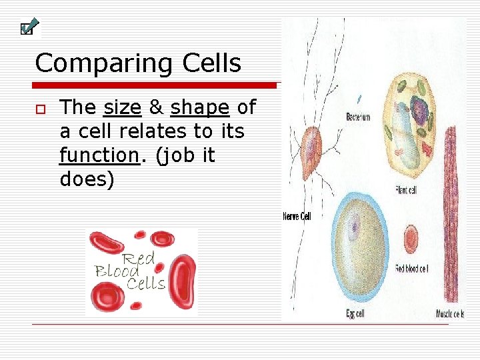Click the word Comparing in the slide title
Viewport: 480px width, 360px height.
point(95,64)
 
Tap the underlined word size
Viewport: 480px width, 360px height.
point(122,107)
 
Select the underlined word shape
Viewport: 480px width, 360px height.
point(199,107)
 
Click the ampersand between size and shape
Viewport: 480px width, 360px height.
point(156,107)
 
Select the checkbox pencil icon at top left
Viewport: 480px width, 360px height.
point(29,27)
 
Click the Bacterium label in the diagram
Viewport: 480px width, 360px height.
point(358,117)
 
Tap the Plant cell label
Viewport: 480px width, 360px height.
point(405,191)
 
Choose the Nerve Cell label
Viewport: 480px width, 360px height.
point(297,216)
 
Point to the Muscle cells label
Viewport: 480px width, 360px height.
point(450,314)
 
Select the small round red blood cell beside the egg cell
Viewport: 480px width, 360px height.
point(411,237)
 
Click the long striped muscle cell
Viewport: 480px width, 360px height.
point(451,213)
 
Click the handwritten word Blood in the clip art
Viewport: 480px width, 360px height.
point(117,271)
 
